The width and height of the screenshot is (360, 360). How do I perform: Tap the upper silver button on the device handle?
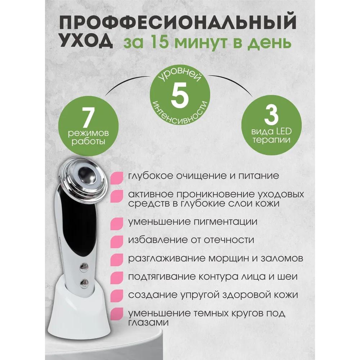[x=85, y=267]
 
